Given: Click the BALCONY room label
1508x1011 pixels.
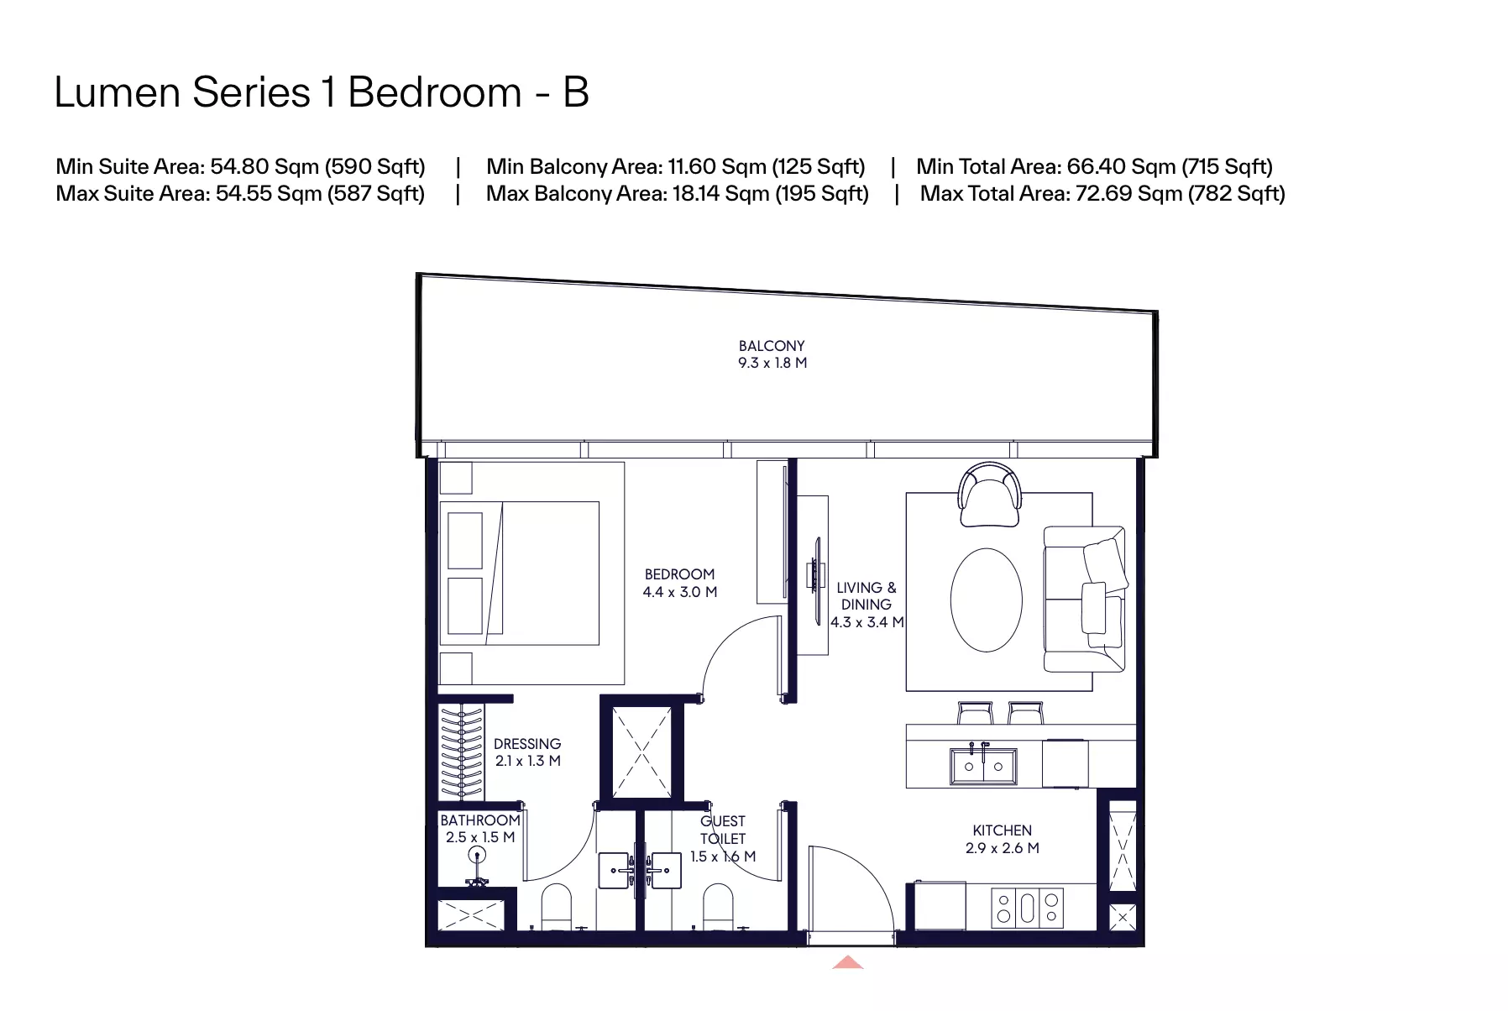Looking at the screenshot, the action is point(772,346).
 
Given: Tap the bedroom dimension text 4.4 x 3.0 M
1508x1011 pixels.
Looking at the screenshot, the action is point(680,592).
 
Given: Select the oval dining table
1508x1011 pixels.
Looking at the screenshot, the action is point(987,600).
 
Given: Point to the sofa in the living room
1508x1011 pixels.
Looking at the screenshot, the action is point(1084,600).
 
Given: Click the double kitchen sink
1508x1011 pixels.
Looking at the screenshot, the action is point(983,765).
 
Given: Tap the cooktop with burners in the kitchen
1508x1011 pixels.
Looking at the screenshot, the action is point(1028,908).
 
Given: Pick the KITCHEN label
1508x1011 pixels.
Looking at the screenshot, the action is point(1003,830).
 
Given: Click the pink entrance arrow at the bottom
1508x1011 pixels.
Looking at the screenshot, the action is point(848,962).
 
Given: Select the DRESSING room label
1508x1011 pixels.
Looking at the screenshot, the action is point(527,744).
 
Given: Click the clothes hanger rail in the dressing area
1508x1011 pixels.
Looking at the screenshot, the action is point(461,752).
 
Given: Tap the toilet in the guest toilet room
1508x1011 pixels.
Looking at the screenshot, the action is point(718,907).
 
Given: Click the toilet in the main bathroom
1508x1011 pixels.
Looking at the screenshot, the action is point(556,907).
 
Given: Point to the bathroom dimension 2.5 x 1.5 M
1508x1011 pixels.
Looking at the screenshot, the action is point(480,837).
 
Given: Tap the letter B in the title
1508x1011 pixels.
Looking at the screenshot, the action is point(576,92).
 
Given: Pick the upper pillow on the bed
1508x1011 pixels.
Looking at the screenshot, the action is point(465,540).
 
